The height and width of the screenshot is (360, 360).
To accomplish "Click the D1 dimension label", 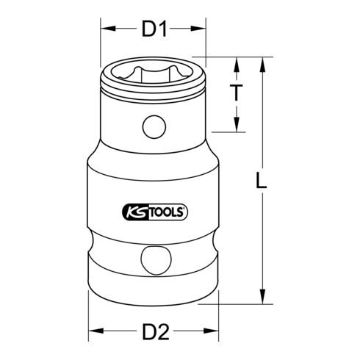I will click(x=154, y=29).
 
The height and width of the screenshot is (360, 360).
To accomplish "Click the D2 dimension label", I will click(x=154, y=332).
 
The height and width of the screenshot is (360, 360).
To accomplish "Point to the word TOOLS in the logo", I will click(x=165, y=212).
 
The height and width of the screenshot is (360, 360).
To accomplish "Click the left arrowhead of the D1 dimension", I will click(x=106, y=29).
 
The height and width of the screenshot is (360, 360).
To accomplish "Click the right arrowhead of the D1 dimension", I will click(x=200, y=29).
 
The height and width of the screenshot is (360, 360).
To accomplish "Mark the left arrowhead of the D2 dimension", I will click(x=94, y=332).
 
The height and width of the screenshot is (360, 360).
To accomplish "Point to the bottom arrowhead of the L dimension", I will click(x=262, y=298).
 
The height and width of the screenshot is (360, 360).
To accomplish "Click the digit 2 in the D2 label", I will click(x=165, y=332).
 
